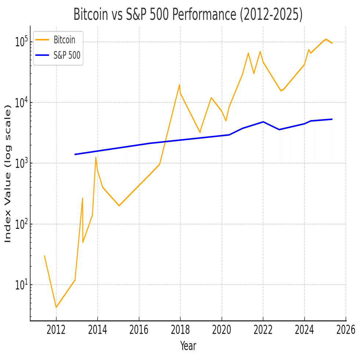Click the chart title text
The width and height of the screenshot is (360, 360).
(x=188, y=15)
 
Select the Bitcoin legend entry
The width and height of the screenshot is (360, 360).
(x=64, y=40)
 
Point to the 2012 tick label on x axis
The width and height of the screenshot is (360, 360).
(x=56, y=329)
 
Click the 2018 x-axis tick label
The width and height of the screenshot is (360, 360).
(x=180, y=329)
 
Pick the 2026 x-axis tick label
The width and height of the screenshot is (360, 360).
(x=346, y=329)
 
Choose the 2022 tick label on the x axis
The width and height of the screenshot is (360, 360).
(x=263, y=329)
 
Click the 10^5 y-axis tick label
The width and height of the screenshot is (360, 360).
(x=22, y=42)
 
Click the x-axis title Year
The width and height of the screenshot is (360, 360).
(x=188, y=346)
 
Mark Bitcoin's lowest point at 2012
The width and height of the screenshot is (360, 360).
(x=56, y=307)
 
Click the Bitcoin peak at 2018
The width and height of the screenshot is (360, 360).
(x=179, y=85)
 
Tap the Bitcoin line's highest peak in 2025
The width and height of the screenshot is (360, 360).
(x=326, y=39)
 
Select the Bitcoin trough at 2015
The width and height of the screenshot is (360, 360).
(x=119, y=206)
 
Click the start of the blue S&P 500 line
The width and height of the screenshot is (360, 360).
(x=75, y=154)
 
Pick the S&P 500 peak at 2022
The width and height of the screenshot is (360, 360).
(x=263, y=122)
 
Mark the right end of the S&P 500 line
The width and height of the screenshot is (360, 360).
(x=332, y=119)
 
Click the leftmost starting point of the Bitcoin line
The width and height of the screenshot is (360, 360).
(x=44, y=256)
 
